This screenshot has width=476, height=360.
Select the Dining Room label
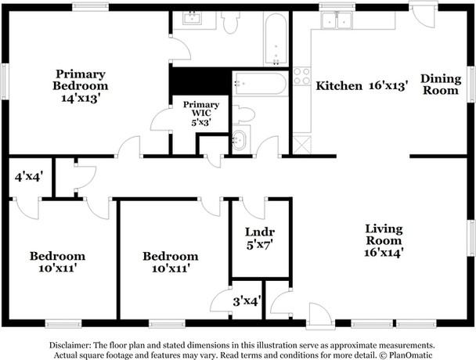440,85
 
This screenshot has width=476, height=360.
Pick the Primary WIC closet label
201,110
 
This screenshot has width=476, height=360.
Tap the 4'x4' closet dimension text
28,177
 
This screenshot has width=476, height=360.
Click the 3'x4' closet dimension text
247,300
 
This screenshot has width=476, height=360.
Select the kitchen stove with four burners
301,77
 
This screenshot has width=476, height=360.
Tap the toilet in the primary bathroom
230,23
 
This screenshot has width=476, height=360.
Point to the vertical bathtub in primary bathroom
276,42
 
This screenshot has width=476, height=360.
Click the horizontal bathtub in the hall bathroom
260,84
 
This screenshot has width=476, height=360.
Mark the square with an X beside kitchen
301,143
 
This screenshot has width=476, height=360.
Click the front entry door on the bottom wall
319,316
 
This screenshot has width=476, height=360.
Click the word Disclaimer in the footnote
70,345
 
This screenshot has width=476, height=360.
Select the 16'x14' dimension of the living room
384,252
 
